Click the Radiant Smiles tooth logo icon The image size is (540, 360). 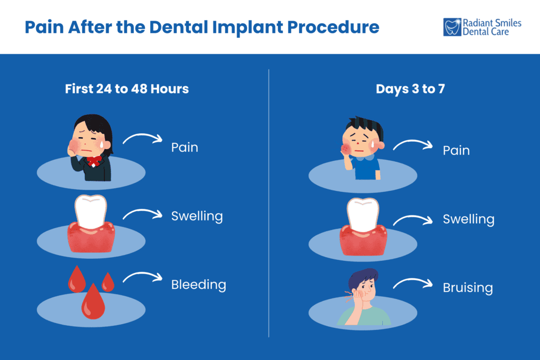pos(452,27)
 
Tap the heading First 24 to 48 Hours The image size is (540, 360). pos(127,89)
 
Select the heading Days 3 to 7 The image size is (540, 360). pos(410,89)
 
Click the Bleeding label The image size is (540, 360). pos(198,285)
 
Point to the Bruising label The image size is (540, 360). pos(468,288)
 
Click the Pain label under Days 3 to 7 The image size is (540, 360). pos(456,150)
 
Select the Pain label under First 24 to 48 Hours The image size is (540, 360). pos(185,147)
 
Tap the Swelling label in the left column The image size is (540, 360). pos(197,216)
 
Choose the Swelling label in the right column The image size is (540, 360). pos(468,219)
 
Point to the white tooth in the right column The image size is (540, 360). pos(362,216)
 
